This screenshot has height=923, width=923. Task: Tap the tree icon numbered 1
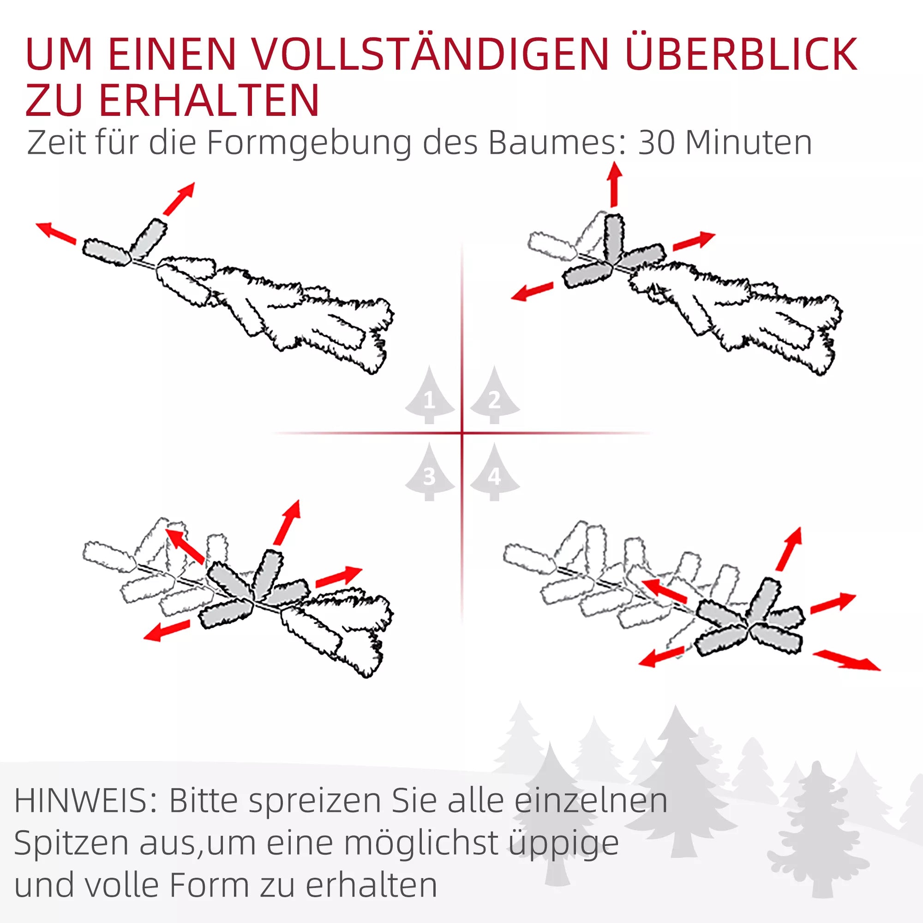click(x=430, y=395)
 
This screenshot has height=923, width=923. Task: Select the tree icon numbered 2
click(x=494, y=395)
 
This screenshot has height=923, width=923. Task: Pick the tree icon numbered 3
click(x=430, y=472)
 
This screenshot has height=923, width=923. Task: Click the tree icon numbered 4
click(x=494, y=472)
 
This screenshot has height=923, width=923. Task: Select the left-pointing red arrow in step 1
click(x=56, y=233)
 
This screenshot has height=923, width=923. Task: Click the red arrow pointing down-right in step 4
click(x=846, y=660)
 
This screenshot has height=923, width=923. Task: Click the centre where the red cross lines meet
click(x=462, y=433)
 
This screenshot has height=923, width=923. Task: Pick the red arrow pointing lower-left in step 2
click(x=532, y=291)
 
